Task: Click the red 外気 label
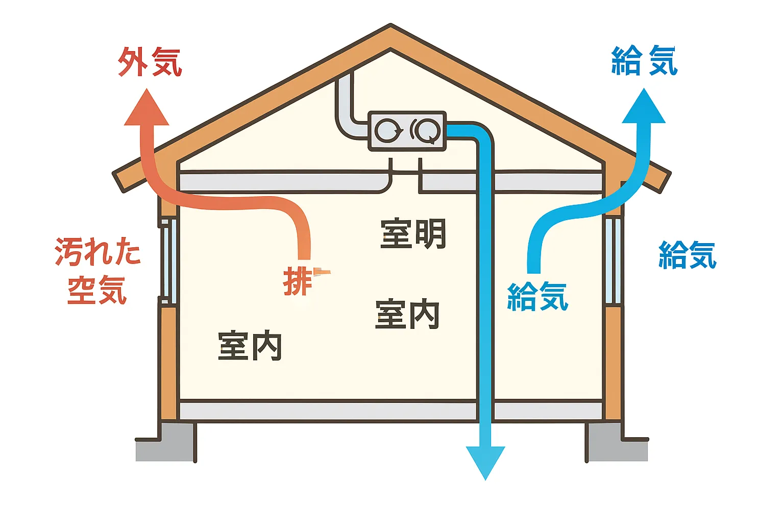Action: pos(150,62)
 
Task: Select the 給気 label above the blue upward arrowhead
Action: pos(644,61)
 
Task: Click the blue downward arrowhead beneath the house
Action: pos(485,461)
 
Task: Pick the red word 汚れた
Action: pos(97,252)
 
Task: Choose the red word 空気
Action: pos(97,290)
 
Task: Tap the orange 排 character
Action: pos(298,281)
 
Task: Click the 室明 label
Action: pos(413,234)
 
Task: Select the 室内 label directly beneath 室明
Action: pos(407,314)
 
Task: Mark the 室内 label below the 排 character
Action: pos(250,346)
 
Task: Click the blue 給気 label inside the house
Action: pos(537,296)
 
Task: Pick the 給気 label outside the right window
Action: pos(688,255)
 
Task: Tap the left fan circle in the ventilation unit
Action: pos(388,131)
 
